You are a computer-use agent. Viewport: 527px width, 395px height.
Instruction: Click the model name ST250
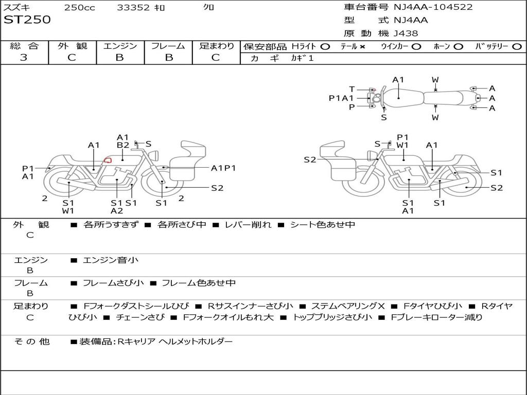coord(27,20)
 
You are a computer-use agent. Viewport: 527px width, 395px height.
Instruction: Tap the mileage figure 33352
coord(133,7)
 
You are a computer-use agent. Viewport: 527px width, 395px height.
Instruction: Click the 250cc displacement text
coord(79,7)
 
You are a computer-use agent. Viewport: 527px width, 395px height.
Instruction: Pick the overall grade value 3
coord(24,58)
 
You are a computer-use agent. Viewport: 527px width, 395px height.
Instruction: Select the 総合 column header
coord(24,46)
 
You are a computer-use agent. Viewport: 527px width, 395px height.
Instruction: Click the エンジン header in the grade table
coord(120,46)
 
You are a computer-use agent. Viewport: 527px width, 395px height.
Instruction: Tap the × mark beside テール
coord(362,46)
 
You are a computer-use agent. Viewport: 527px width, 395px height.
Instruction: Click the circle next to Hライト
coord(325,46)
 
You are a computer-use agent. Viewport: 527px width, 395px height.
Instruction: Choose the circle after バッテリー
coord(517,46)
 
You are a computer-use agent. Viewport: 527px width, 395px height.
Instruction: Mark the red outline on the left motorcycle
coord(108,160)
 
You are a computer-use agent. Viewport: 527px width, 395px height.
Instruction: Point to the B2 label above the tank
coord(122,145)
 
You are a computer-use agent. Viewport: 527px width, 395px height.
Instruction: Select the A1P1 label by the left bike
coord(223,168)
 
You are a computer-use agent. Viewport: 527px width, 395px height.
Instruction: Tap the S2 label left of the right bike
coord(310,160)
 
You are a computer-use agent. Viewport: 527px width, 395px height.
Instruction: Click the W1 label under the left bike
coord(68,210)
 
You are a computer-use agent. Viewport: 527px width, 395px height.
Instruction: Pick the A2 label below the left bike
coord(117,210)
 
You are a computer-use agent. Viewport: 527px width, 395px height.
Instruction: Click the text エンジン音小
coord(111,260)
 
